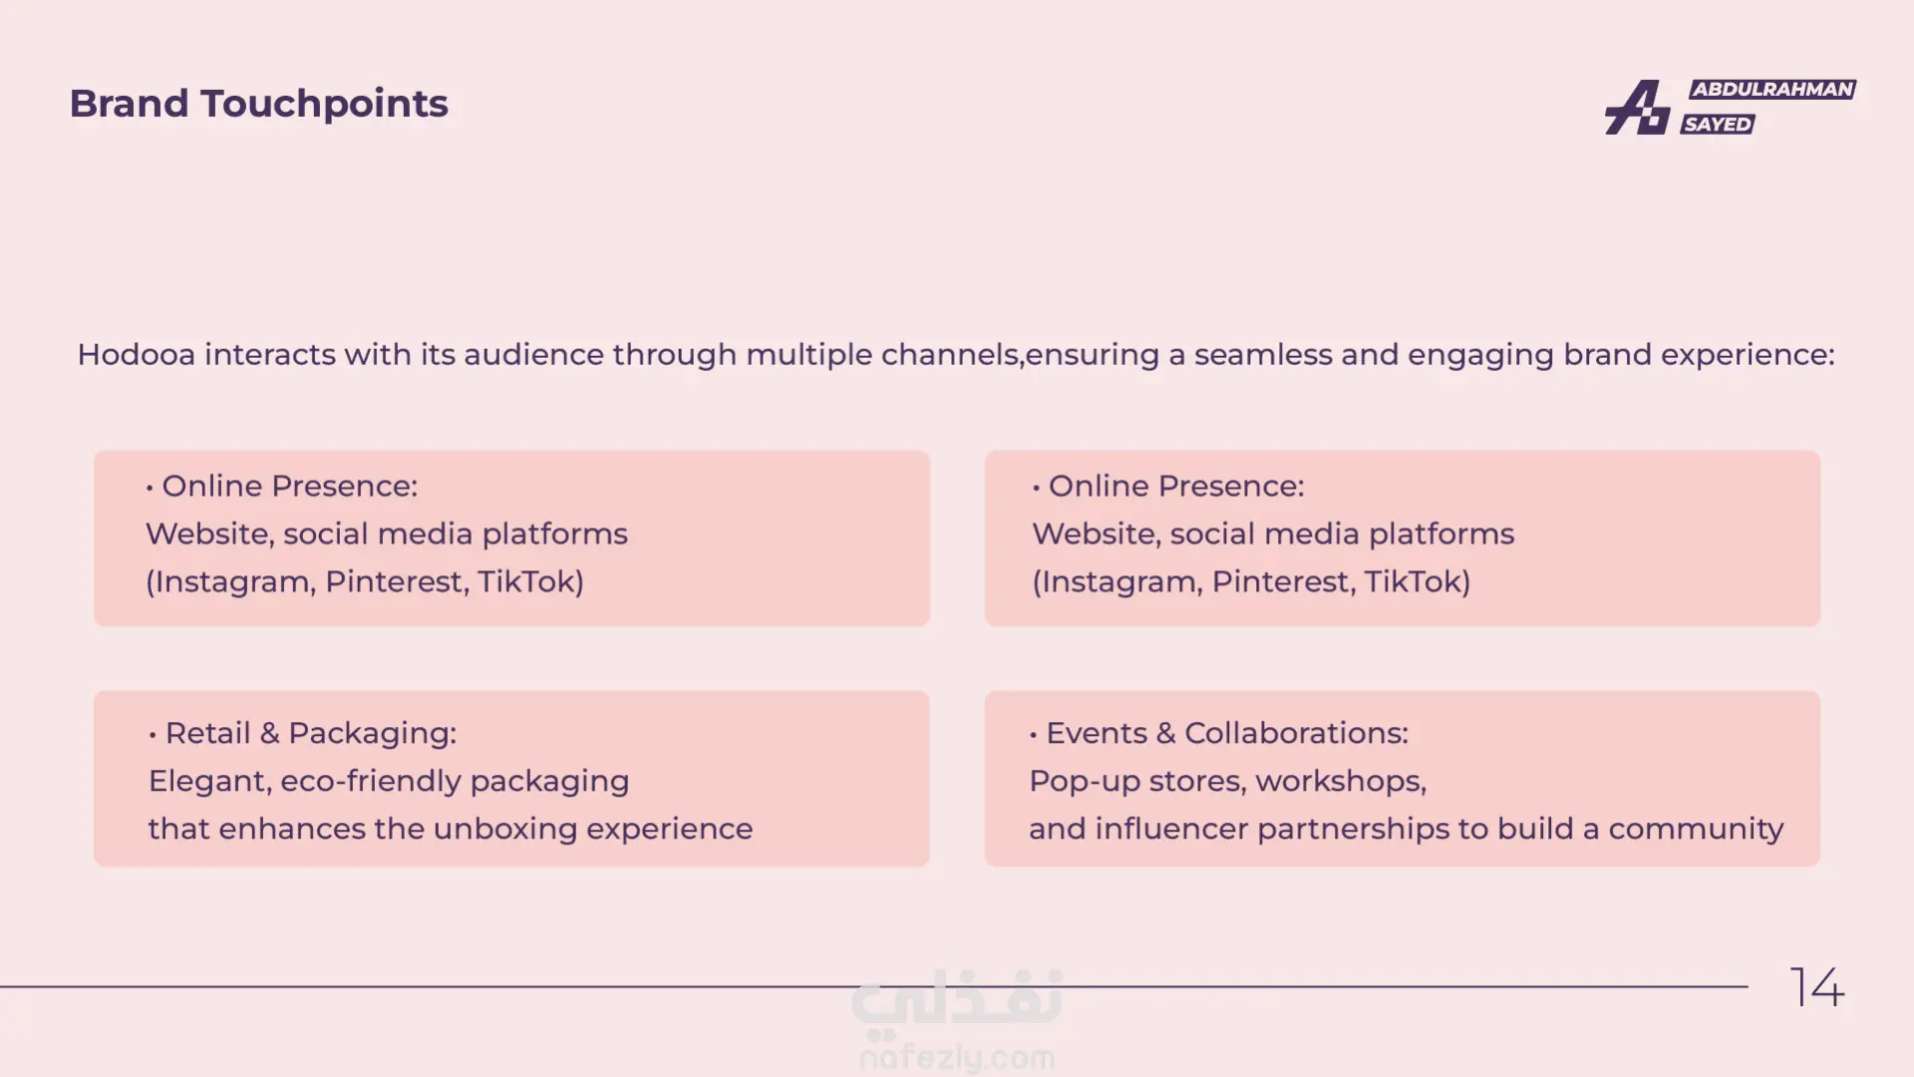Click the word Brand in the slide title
(x=129, y=104)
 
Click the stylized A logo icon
(x=1637, y=107)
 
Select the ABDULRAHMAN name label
(x=1772, y=89)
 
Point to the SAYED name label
(x=1718, y=124)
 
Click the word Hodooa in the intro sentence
(x=136, y=355)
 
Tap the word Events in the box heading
(x=1097, y=733)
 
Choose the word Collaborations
(x=1296, y=733)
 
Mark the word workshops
(x=1341, y=781)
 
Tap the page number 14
(x=1817, y=987)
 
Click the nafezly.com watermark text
(x=957, y=1057)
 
